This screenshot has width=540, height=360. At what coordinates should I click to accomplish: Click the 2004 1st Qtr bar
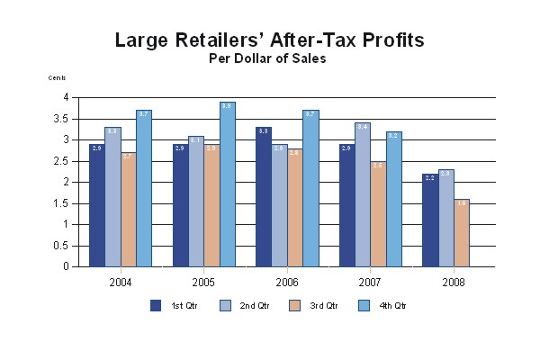pyautogui.click(x=96, y=205)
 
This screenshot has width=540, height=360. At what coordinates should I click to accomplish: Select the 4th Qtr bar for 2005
pyautogui.click(x=227, y=184)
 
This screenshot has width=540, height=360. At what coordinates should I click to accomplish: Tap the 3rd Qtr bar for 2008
pyautogui.click(x=461, y=233)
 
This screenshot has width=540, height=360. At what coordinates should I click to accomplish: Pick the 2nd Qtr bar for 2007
pyautogui.click(x=362, y=194)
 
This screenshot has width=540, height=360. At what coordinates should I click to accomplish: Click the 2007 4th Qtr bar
pyautogui.click(x=393, y=199)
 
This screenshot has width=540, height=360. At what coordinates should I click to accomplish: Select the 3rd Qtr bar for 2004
pyautogui.click(x=128, y=210)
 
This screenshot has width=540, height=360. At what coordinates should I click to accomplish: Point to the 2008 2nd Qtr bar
pyautogui.click(x=445, y=218)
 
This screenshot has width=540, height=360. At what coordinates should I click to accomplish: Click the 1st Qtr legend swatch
pyautogui.click(x=156, y=306)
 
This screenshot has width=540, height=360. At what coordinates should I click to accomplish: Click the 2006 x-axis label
pyautogui.click(x=287, y=282)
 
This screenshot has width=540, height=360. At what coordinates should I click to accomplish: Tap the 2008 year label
pyautogui.click(x=454, y=282)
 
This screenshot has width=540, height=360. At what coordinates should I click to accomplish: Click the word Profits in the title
pyautogui.click(x=381, y=40)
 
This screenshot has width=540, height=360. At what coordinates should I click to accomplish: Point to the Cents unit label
pyautogui.click(x=58, y=78)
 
